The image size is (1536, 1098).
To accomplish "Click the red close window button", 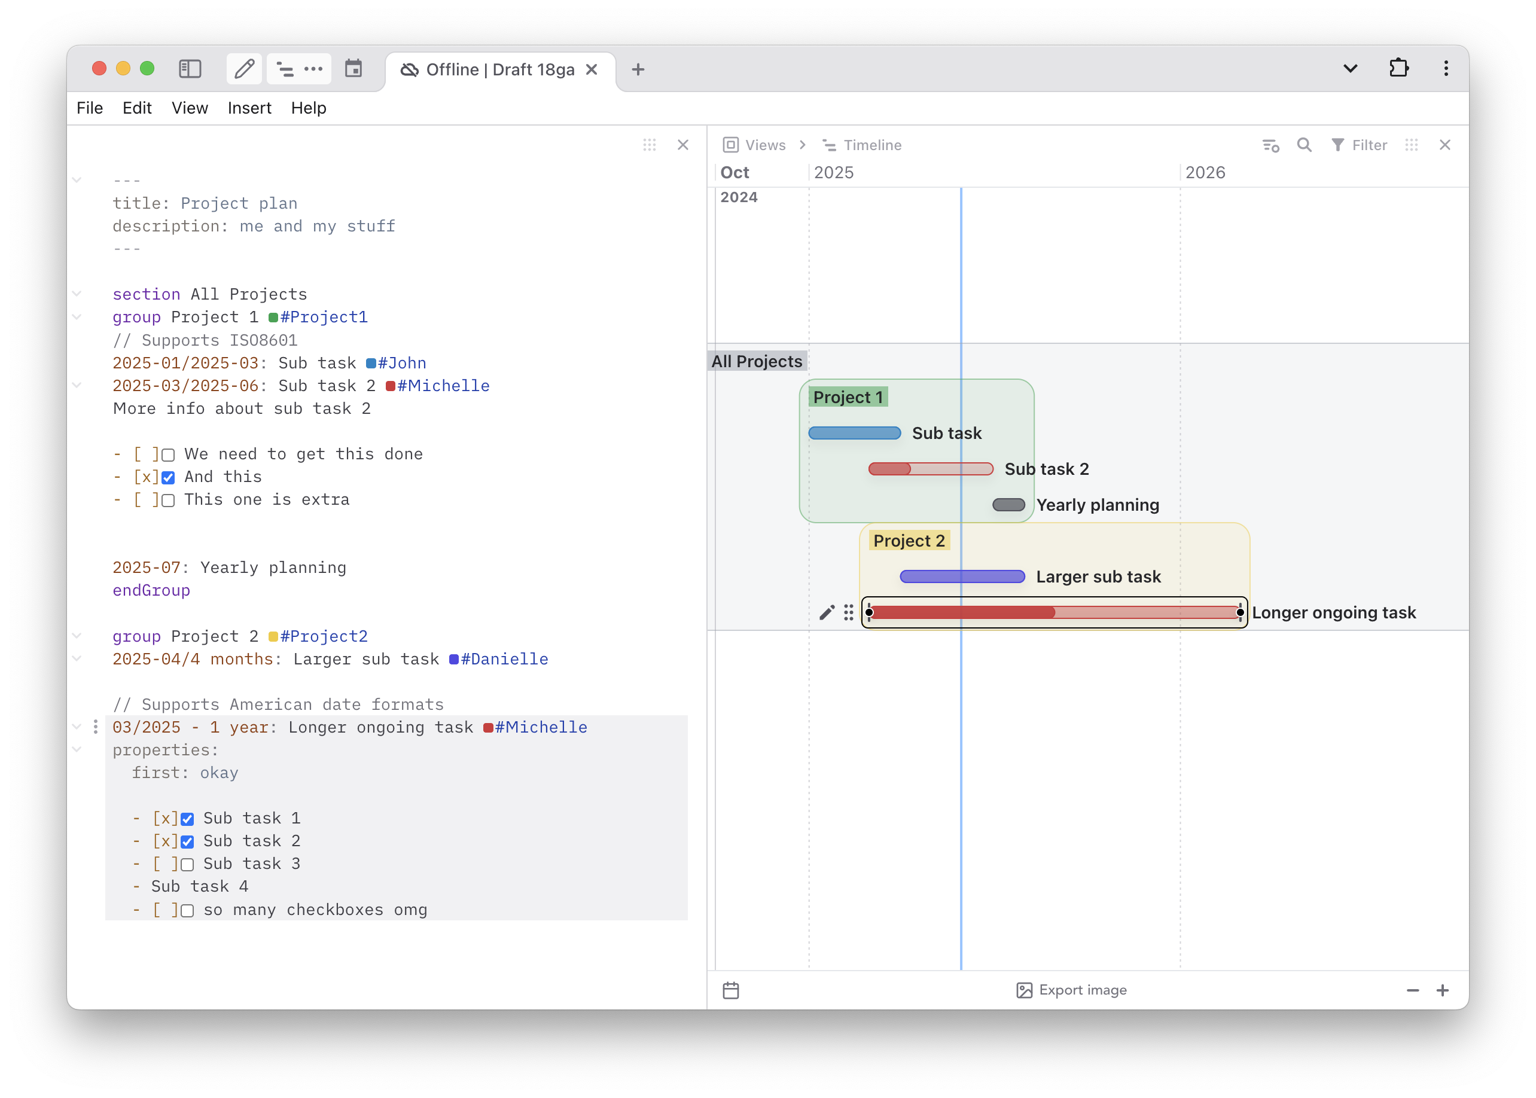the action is [99, 68].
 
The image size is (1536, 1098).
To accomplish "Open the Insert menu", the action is [249, 108].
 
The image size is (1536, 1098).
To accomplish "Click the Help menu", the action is [308, 108].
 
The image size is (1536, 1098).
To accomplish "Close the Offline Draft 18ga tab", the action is [592, 69].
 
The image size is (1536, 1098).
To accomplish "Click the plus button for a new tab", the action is [638, 69].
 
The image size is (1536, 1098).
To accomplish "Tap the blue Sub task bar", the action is [855, 433].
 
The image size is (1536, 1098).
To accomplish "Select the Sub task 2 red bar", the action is [931, 468].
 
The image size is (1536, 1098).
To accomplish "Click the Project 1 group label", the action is [848, 397].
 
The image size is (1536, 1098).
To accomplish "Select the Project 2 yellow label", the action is [909, 540].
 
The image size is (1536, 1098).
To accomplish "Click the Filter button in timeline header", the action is [1359, 145].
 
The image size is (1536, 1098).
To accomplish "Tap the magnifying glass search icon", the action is [1304, 145].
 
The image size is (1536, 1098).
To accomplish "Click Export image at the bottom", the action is [1071, 990].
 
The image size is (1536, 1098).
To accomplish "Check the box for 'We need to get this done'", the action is [168, 455].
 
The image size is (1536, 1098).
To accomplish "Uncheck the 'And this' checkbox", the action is [168, 478].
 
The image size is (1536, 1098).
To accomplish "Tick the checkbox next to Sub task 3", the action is [187, 865].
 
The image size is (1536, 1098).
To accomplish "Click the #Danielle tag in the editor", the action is [499, 659].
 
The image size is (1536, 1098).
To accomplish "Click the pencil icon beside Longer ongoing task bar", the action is [827, 612].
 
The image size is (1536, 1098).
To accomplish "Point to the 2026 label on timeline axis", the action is [1205, 172].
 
